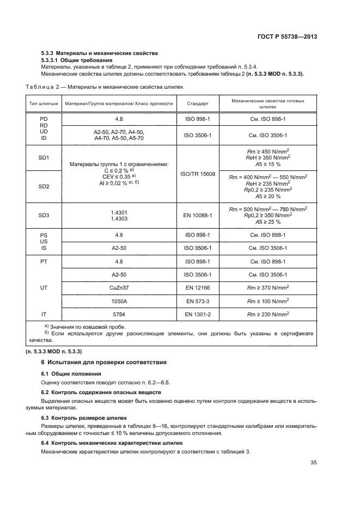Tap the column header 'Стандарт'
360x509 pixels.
(197, 103)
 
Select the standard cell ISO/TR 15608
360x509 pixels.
(198, 174)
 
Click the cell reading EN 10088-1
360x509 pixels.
(198, 215)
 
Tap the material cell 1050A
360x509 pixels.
(119, 300)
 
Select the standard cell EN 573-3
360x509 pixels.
(198, 300)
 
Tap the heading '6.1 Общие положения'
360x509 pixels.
(71, 373)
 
